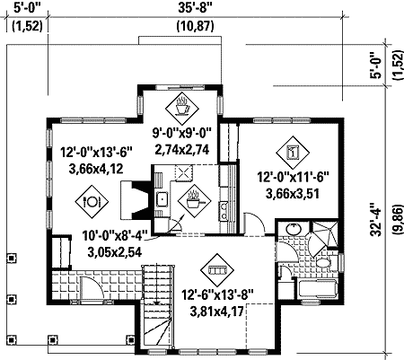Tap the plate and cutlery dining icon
(91, 202)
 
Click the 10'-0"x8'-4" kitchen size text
(124, 236)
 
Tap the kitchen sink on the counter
(163, 199)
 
